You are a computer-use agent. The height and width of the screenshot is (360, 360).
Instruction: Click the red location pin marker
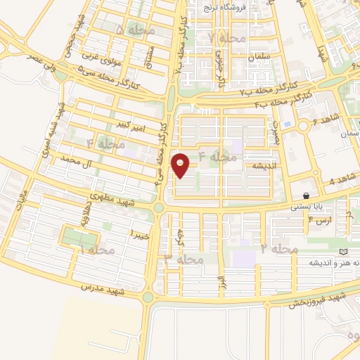tap(181, 165)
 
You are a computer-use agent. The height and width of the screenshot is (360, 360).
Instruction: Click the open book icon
tap(343, 252)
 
